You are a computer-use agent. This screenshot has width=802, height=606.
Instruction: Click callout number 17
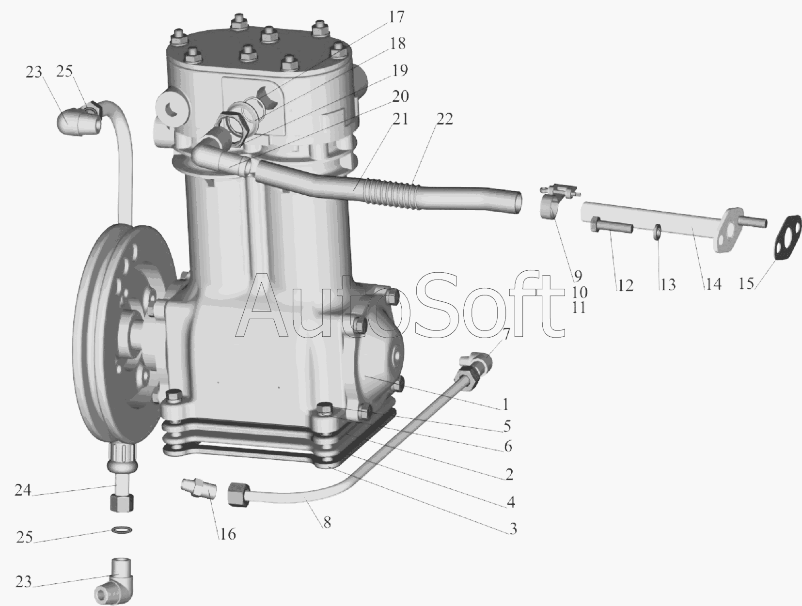[x=396, y=17]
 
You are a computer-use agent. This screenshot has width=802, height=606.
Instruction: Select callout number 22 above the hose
[x=445, y=119]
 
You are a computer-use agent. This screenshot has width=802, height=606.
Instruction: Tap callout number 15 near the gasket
[x=746, y=283]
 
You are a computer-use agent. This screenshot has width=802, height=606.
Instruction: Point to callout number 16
[x=228, y=534]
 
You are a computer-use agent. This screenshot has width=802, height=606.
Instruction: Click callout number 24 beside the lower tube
[x=23, y=490]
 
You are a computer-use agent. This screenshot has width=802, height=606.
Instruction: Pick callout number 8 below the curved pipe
[x=327, y=522]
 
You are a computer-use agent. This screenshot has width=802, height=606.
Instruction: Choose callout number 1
[x=506, y=404]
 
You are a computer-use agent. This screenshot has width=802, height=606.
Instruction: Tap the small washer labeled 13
[x=657, y=231]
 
